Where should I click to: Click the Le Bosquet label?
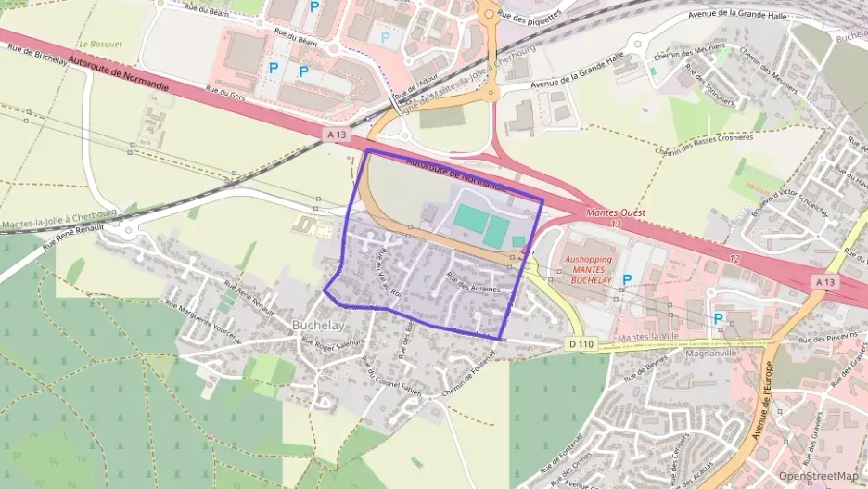coord(100,44)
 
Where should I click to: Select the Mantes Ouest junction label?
coord(617,212)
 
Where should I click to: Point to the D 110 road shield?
coord(581,344)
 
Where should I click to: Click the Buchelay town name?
coord(318,326)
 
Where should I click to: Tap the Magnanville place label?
coord(709,354)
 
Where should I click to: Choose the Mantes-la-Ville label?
coord(649,336)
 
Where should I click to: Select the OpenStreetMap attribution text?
coord(819,476)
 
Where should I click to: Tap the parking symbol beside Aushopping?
coord(627,279)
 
